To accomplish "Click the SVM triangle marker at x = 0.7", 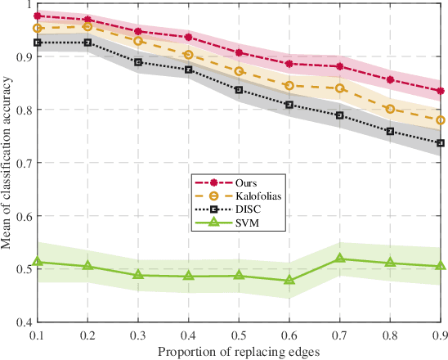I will pos(340,259).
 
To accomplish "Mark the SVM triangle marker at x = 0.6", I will pos(289,281).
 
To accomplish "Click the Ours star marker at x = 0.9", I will pos(441,91).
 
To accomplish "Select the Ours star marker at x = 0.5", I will pos(239,52).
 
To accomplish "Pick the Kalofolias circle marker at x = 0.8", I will pos(390,109).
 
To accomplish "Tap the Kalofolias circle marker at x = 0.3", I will pos(138,41).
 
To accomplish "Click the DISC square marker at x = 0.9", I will pos(441,142).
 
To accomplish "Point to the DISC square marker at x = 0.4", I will pos(189,70).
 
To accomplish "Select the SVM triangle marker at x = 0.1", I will pos(38,262).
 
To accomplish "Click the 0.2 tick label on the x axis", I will pos(87,335).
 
